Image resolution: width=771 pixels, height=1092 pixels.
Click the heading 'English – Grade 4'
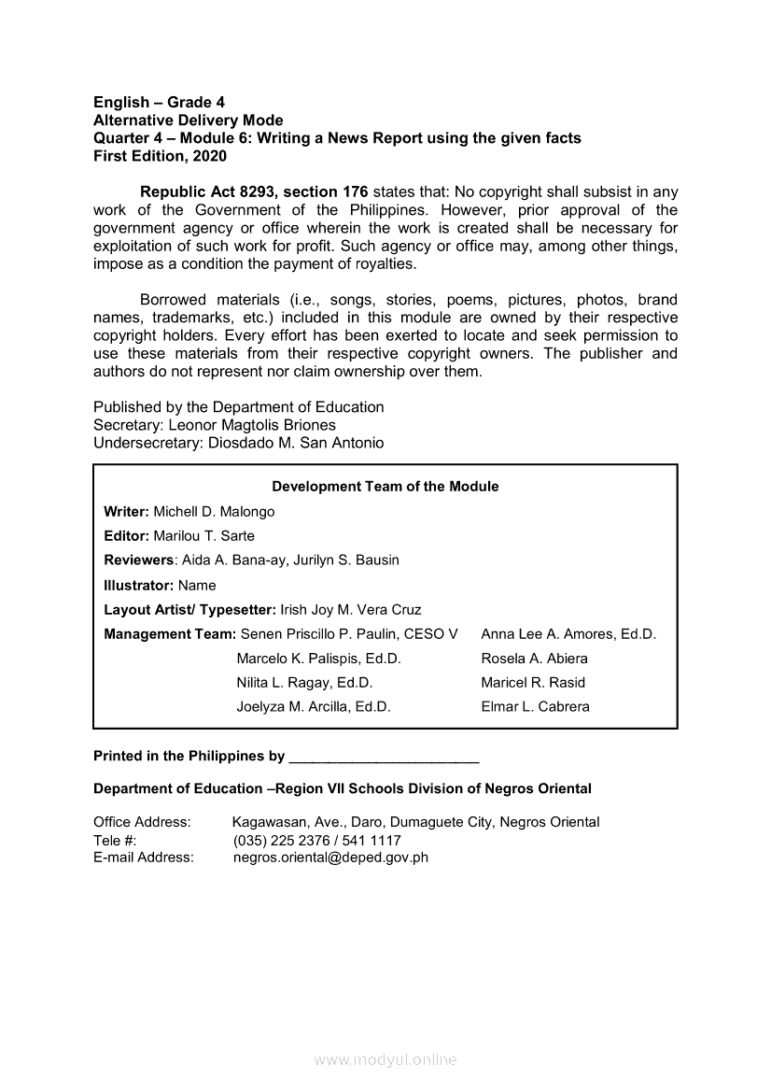click(159, 102)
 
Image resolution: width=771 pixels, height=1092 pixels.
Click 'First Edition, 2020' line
click(160, 156)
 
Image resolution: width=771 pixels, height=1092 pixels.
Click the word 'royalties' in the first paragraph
click(385, 263)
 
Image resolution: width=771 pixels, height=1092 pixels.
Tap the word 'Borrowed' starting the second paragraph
click(176, 300)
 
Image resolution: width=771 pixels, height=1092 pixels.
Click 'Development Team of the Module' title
click(385, 487)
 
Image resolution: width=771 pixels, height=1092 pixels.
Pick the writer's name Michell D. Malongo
click(214, 512)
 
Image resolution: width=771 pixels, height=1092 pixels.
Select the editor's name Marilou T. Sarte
click(203, 536)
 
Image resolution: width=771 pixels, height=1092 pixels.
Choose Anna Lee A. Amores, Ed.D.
click(568, 634)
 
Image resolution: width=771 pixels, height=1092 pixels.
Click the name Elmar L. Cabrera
click(535, 707)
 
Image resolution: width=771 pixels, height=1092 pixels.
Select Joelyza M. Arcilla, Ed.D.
click(314, 707)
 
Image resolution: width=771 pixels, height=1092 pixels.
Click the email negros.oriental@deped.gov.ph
click(330, 858)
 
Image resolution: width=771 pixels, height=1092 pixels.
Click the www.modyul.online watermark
click(385, 1060)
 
